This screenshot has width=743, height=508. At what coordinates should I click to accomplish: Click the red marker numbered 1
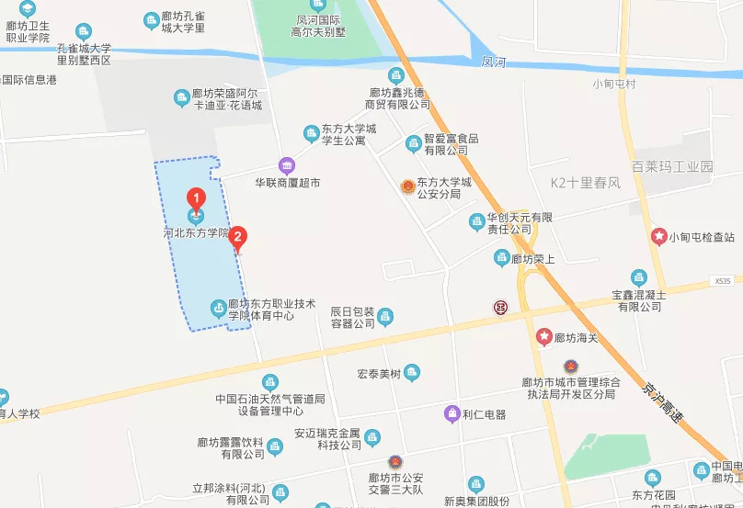[x=195, y=198]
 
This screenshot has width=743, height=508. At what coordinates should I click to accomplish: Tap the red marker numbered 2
[x=238, y=238]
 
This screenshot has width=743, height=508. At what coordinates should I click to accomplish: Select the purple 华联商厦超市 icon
[x=287, y=165]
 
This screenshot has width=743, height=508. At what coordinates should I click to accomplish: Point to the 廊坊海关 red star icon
[x=544, y=337]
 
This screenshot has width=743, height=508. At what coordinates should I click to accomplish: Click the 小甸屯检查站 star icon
[x=658, y=236]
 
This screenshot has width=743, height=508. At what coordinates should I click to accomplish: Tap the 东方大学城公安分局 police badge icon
[x=406, y=186]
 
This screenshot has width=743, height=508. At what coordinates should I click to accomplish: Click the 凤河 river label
[x=494, y=62]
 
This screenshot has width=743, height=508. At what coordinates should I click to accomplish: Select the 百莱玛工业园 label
[x=672, y=166]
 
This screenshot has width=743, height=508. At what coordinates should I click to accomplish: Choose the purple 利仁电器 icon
[x=452, y=413]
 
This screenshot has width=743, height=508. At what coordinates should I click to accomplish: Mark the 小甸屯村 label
[x=615, y=85]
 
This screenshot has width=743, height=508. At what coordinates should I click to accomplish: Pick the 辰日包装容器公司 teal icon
[x=385, y=316]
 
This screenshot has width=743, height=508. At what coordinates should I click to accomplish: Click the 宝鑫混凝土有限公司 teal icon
[x=639, y=277]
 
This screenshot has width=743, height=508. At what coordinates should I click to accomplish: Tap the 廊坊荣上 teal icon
[x=501, y=258]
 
